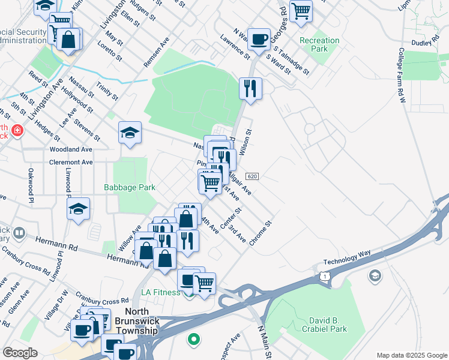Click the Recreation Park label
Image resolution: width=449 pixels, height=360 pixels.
(319, 44)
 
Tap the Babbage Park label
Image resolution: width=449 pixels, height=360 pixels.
(130, 187)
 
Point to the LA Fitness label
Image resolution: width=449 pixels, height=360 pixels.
(161, 292)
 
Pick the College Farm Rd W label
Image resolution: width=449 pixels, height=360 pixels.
(401, 75)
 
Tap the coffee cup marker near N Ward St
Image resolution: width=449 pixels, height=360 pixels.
(259, 39)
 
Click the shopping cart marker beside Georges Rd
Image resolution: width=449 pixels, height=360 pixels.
(301, 10)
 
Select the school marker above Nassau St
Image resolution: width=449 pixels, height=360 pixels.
(130, 133)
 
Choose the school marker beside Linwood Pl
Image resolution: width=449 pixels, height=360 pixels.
(78, 209)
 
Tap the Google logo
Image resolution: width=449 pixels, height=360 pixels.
(20, 352)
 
